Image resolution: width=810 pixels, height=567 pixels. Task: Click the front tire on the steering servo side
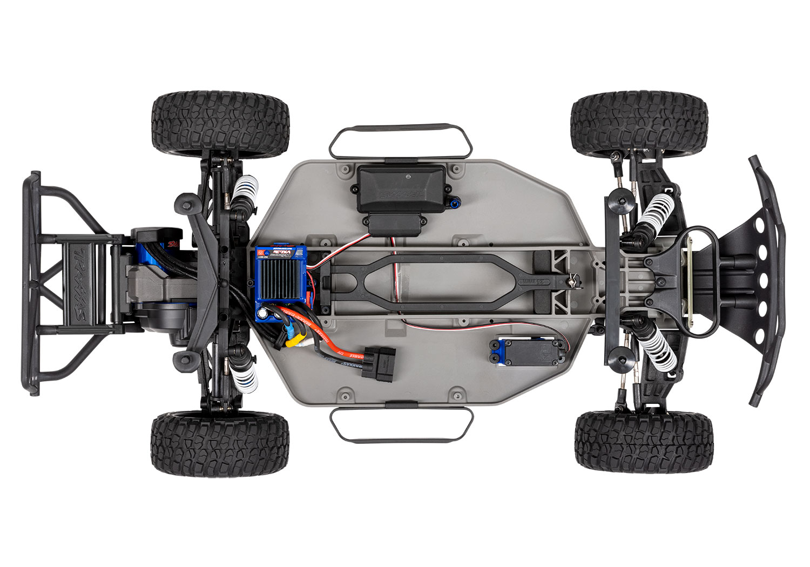click(644, 441)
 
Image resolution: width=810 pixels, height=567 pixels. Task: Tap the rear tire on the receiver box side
click(220, 125)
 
